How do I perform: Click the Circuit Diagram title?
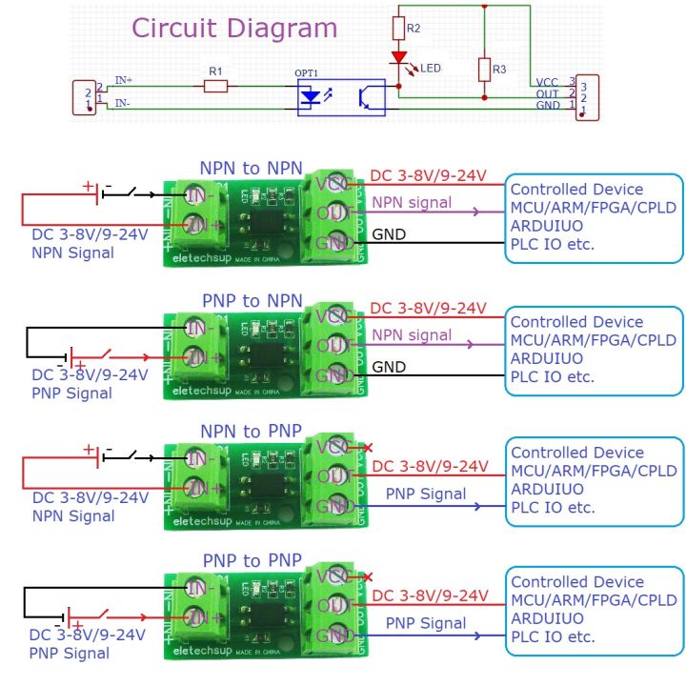click(x=233, y=28)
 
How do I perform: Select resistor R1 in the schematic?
click(x=215, y=87)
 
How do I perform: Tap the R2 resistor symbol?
click(x=398, y=30)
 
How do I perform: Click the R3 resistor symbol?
click(x=485, y=70)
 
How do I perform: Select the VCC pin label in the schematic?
click(x=547, y=83)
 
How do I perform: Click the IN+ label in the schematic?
click(x=124, y=80)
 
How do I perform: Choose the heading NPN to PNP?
click(x=252, y=431)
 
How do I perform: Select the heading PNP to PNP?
click(x=252, y=559)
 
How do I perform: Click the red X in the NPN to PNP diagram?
click(x=368, y=447)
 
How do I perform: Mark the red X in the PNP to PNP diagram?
click(x=368, y=576)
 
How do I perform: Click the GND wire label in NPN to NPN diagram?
click(x=388, y=234)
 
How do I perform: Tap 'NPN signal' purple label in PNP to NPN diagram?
click(x=412, y=334)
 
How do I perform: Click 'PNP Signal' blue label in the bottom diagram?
click(x=426, y=623)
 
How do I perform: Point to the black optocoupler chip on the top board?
click(x=260, y=225)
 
